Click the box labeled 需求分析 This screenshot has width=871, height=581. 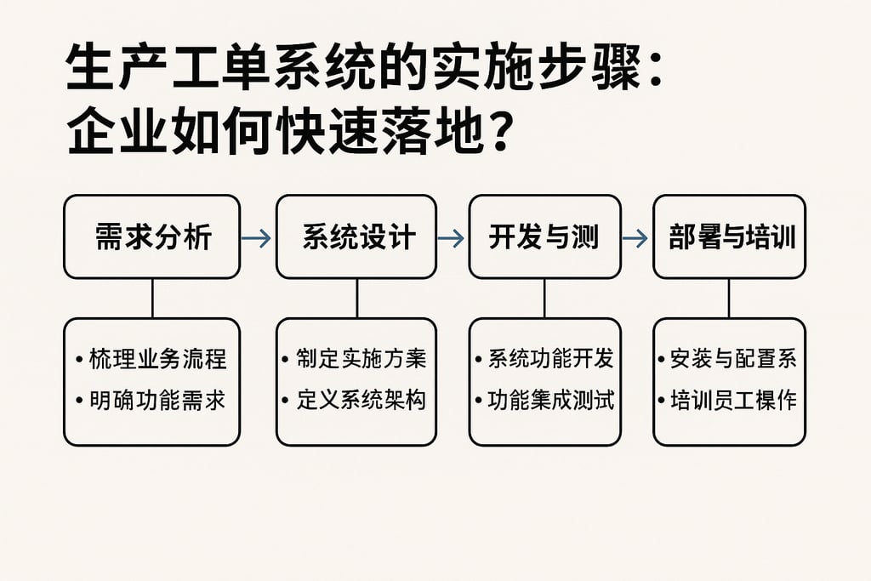[x=152, y=236]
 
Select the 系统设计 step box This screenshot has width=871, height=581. [x=356, y=236]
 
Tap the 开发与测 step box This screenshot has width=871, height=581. [x=544, y=236]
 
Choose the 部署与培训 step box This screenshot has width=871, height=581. [x=729, y=236]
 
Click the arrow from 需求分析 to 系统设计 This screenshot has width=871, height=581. [x=257, y=238]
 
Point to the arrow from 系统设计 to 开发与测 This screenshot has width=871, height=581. [x=452, y=238]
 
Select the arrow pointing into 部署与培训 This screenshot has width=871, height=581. [x=635, y=238]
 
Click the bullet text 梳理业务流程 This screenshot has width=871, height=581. [x=157, y=359]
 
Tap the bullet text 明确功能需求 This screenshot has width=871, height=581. [x=157, y=400]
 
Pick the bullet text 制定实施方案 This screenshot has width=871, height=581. [x=361, y=359]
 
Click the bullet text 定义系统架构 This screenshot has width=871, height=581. [x=361, y=400]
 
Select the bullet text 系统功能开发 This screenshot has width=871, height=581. [x=549, y=359]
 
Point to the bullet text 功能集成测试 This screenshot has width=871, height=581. [x=549, y=400]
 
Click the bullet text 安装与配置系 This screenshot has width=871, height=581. [x=733, y=359]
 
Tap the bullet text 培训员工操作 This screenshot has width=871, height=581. [x=733, y=400]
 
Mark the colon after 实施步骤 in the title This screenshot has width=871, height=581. [x=654, y=73]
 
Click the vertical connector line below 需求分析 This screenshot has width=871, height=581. [x=152, y=298]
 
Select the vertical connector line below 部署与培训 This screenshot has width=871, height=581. [x=729, y=298]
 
